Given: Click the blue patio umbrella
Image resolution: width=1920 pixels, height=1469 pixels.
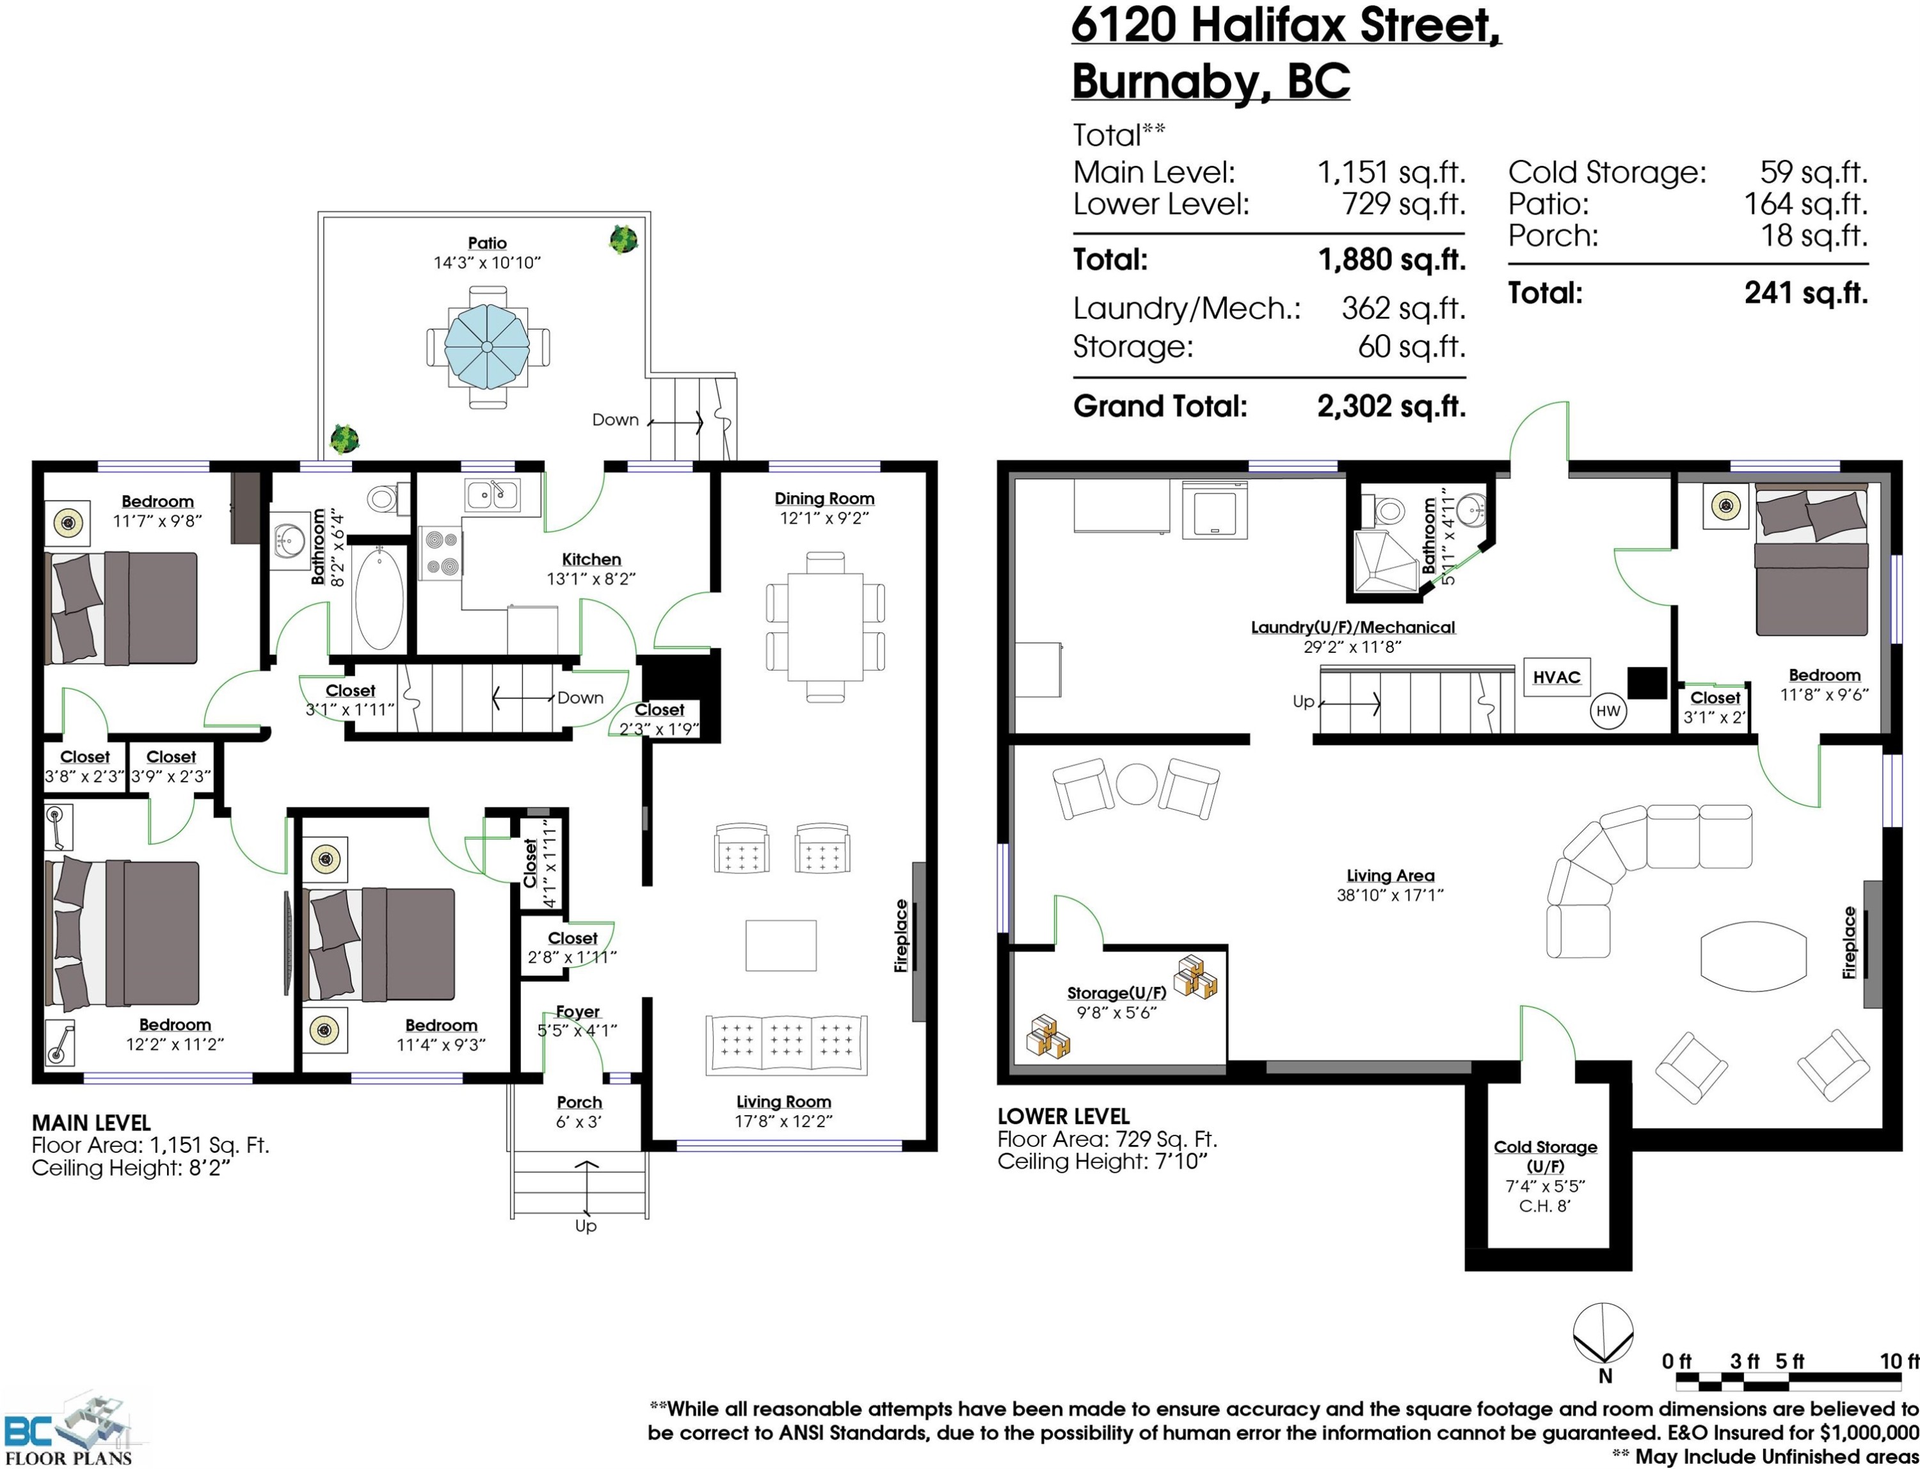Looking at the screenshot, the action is [x=486, y=346].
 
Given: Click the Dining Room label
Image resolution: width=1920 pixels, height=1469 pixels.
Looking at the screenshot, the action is [x=824, y=499].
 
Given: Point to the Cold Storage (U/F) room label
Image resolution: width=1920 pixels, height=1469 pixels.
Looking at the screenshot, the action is [x=1545, y=1156].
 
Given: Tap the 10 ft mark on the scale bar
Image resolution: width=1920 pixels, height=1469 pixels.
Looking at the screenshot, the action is [x=1899, y=1361].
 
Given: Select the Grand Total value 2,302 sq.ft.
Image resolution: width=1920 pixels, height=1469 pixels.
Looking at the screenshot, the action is [x=1391, y=406].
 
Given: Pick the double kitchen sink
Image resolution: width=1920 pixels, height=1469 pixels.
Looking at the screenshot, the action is [x=492, y=495].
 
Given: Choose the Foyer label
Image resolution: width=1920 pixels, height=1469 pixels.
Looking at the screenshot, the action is [x=577, y=1012].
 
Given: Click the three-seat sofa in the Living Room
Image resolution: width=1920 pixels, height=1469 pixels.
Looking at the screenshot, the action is [x=786, y=1045].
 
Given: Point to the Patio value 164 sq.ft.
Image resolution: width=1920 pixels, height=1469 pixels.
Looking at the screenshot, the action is [x=1805, y=204].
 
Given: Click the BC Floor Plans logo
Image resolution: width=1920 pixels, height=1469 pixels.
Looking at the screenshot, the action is [x=68, y=1431].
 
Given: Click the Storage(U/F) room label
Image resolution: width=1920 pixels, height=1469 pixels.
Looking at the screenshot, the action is [x=1117, y=993].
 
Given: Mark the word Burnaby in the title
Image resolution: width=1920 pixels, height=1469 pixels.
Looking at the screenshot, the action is [x=1171, y=81].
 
